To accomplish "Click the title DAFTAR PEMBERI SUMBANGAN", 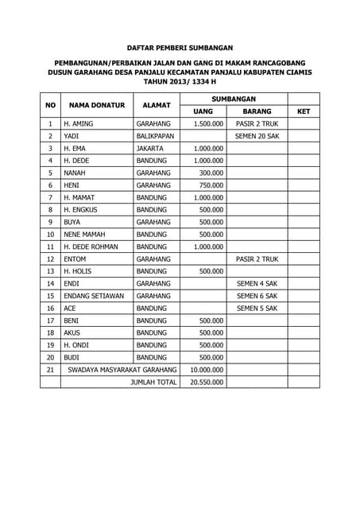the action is [x=180, y=48].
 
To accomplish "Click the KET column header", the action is [x=303, y=111].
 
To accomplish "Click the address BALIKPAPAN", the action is [x=155, y=136].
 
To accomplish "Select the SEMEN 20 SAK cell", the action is [x=257, y=136].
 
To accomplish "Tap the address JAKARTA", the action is [x=150, y=148].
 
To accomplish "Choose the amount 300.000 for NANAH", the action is [x=211, y=173].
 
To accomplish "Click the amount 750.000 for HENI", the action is [x=211, y=185].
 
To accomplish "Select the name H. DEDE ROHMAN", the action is [x=91, y=247].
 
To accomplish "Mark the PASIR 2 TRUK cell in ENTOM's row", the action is [x=257, y=258].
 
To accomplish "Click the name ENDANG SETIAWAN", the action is [x=93, y=295].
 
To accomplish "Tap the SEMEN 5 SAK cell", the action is [x=257, y=308].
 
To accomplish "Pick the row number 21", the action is [x=50, y=369].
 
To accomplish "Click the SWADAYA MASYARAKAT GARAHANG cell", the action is [x=122, y=369].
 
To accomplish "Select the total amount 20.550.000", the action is [x=207, y=382].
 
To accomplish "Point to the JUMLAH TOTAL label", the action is [x=153, y=382].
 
